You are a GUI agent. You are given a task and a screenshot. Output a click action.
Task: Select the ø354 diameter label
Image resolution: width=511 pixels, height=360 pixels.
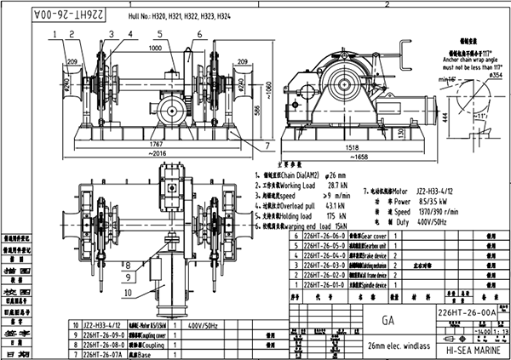click(491, 76)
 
